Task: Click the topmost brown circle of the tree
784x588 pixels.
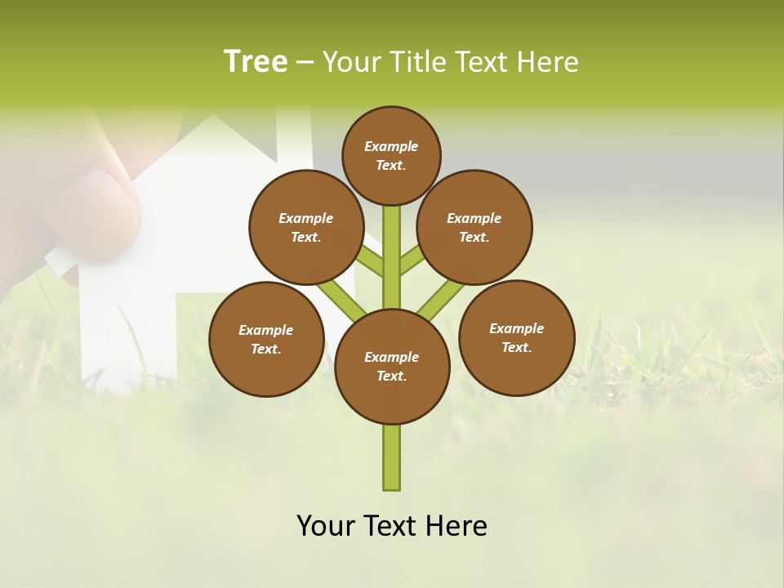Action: (x=391, y=155)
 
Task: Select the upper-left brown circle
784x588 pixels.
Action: (x=306, y=227)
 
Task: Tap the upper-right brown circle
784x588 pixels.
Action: (x=474, y=227)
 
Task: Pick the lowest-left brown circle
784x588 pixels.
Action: (x=266, y=339)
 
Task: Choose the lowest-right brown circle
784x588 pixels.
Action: (x=516, y=337)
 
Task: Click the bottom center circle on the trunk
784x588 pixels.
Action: (x=392, y=367)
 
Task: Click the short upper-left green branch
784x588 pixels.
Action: (x=370, y=261)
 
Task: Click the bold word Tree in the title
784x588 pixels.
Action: (x=256, y=62)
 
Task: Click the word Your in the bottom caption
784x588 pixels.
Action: (x=326, y=526)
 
